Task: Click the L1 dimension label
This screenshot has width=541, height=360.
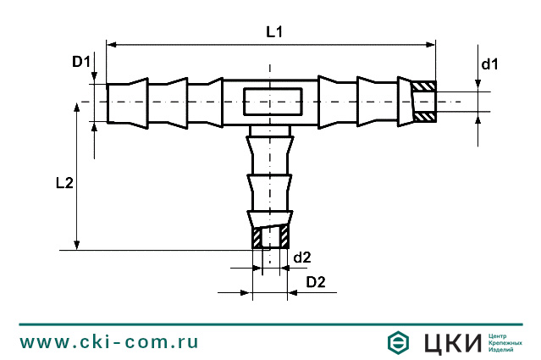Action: [273, 32]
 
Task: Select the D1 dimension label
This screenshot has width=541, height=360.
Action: [80, 61]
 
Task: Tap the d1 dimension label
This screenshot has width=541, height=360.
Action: [489, 64]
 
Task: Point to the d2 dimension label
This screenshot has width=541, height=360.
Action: [302, 257]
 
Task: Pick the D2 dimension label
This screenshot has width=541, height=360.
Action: [315, 281]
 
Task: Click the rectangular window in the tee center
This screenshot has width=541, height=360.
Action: [271, 102]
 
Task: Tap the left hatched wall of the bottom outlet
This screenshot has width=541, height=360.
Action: [257, 236]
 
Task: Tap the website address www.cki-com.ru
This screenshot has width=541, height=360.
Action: [109, 341]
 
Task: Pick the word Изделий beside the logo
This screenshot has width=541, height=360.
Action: [504, 351]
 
